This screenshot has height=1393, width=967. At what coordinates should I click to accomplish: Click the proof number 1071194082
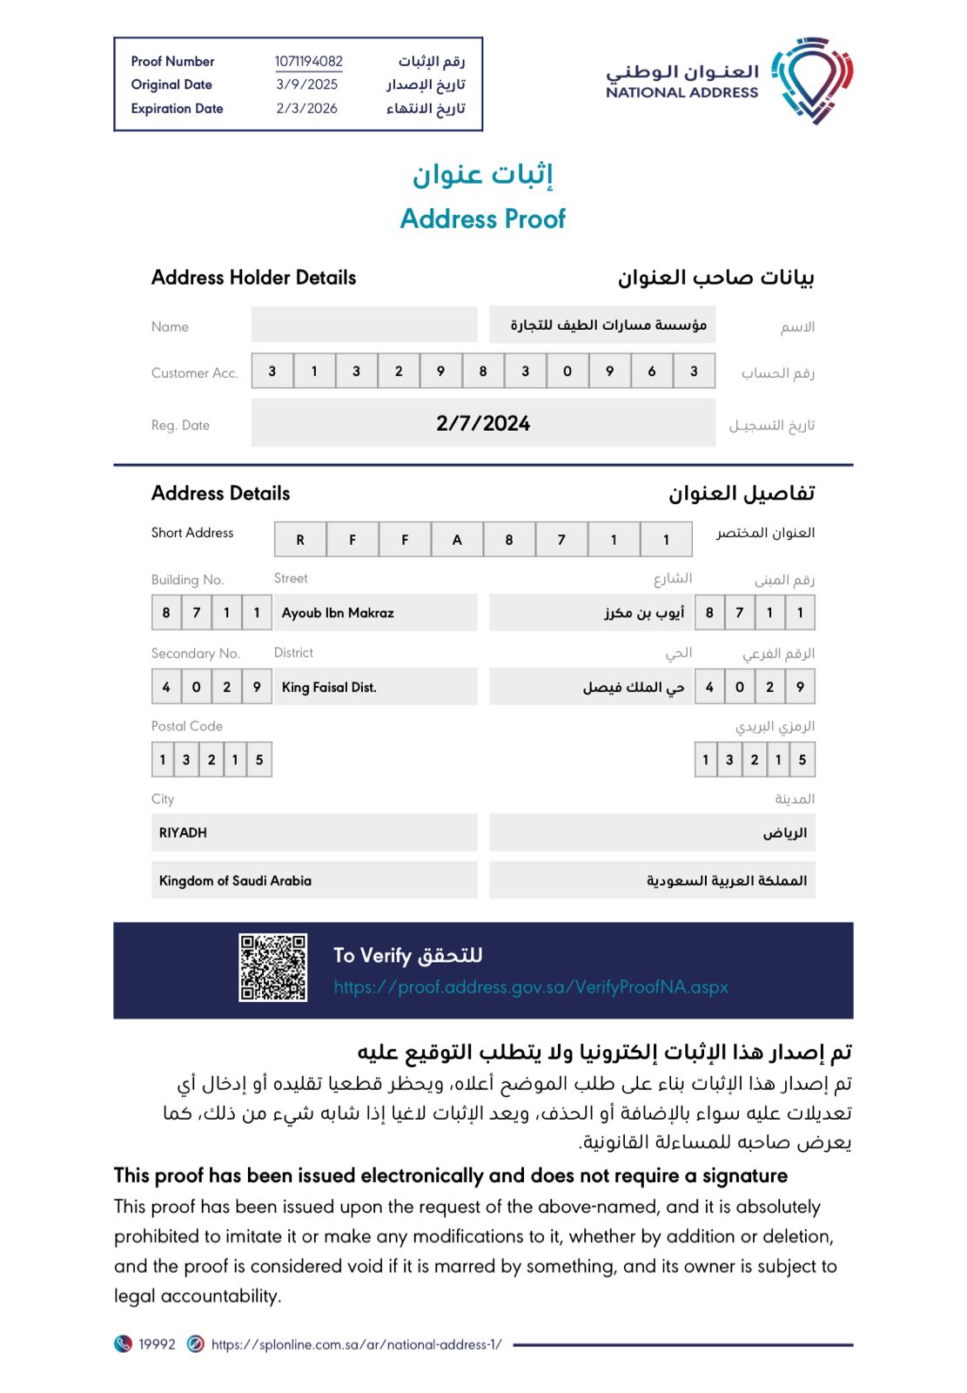(x=308, y=61)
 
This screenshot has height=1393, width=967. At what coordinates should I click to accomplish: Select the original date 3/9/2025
(x=306, y=84)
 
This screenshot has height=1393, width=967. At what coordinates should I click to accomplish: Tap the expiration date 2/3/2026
(x=306, y=108)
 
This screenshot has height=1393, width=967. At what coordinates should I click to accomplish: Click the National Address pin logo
(x=813, y=80)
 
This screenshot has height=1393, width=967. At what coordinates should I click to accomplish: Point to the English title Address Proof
(x=482, y=219)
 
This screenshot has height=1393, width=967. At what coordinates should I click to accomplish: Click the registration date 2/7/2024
(x=483, y=423)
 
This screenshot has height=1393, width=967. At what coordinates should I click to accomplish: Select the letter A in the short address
(x=457, y=540)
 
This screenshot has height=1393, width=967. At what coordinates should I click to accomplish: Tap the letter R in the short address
(x=300, y=540)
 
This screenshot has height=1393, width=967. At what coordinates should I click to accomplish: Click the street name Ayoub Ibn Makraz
(x=338, y=613)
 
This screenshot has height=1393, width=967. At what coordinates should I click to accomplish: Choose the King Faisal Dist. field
(x=329, y=687)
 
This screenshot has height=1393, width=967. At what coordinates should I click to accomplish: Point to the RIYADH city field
(x=183, y=832)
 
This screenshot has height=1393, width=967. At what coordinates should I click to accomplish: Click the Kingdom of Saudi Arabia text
(x=235, y=880)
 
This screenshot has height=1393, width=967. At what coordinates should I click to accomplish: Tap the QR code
(x=272, y=967)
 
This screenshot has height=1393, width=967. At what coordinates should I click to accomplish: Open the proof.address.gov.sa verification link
(x=531, y=986)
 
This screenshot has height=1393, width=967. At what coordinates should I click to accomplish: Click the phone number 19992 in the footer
(x=157, y=1344)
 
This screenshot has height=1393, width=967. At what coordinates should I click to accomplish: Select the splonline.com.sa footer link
(x=356, y=1344)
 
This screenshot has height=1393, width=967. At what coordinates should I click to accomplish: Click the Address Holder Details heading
(x=253, y=278)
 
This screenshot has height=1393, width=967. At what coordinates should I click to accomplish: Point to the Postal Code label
(x=186, y=726)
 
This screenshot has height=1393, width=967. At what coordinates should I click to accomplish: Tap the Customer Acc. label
(x=194, y=373)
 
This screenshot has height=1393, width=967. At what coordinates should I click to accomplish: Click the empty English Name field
(x=364, y=324)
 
